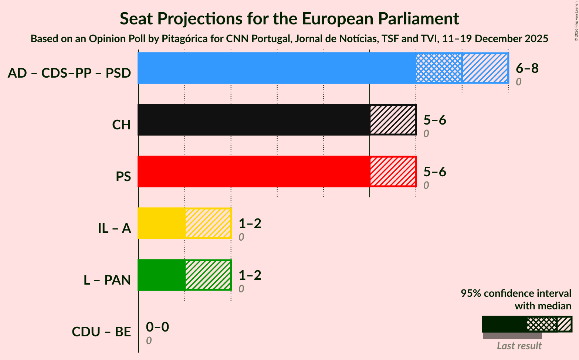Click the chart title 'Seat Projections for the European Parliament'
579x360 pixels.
point(289,18)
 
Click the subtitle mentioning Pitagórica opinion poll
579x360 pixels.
point(289,39)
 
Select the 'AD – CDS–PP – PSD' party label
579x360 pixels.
point(69,73)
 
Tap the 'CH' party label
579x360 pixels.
point(122,125)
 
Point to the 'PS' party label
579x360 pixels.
point(123,177)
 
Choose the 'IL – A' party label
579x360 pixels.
point(114,228)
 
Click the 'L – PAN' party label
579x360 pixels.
point(107,280)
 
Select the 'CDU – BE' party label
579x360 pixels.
point(101,332)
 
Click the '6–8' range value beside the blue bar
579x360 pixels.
point(527,68)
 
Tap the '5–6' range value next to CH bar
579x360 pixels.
point(435,120)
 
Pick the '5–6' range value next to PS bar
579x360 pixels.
point(435,171)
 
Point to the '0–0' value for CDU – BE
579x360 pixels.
point(158,327)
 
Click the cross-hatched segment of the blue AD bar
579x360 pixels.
point(439,68)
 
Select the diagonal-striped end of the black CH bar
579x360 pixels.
point(393,120)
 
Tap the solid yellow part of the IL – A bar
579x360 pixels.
point(162,223)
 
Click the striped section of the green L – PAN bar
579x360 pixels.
point(208,275)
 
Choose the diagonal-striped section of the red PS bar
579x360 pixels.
point(393,171)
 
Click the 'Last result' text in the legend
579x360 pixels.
point(519,346)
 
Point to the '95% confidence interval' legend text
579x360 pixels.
point(516,293)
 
